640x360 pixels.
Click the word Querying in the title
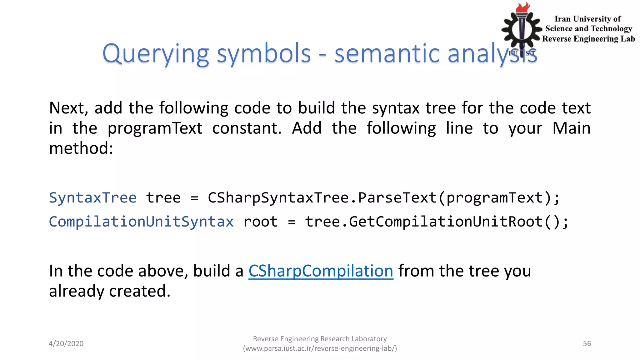(x=155, y=54)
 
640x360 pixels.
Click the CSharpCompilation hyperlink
(x=321, y=271)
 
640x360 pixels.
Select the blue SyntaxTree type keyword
(x=93, y=198)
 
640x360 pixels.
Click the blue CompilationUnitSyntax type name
(x=141, y=222)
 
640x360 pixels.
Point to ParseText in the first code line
(x=397, y=198)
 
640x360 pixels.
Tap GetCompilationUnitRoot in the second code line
(x=446, y=222)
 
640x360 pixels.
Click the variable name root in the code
(x=260, y=222)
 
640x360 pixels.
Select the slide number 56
(x=587, y=343)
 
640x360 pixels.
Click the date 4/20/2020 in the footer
(x=66, y=343)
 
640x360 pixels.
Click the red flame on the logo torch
(x=523, y=7)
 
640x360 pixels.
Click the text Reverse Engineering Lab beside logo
(x=588, y=39)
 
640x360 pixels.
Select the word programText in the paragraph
(x=155, y=128)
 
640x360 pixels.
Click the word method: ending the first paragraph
(x=81, y=148)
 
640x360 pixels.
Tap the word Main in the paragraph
(x=571, y=128)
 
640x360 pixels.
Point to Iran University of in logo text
(x=587, y=19)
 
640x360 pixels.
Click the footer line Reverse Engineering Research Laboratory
(x=320, y=339)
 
